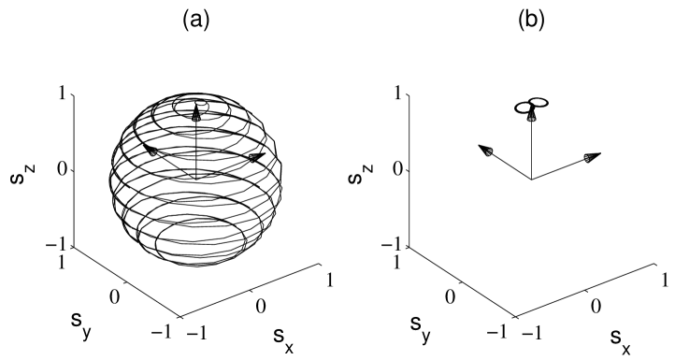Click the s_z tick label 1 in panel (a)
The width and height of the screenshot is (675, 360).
pos(60,94)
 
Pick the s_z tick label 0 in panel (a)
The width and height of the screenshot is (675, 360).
pos(59,169)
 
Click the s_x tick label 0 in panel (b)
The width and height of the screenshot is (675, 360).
pos(594,306)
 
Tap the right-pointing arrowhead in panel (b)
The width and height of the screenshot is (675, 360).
pos(590,157)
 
